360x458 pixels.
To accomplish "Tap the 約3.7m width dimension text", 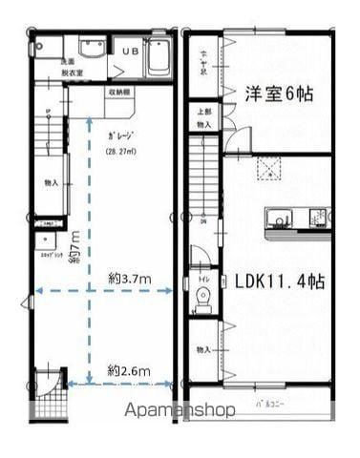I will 129,278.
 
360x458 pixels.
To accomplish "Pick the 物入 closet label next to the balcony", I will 203,350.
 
